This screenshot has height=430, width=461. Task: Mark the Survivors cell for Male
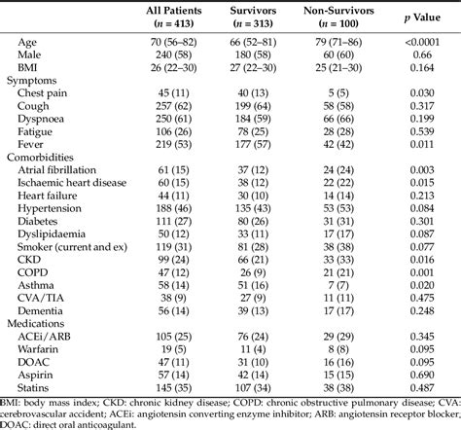[x=275, y=55]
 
